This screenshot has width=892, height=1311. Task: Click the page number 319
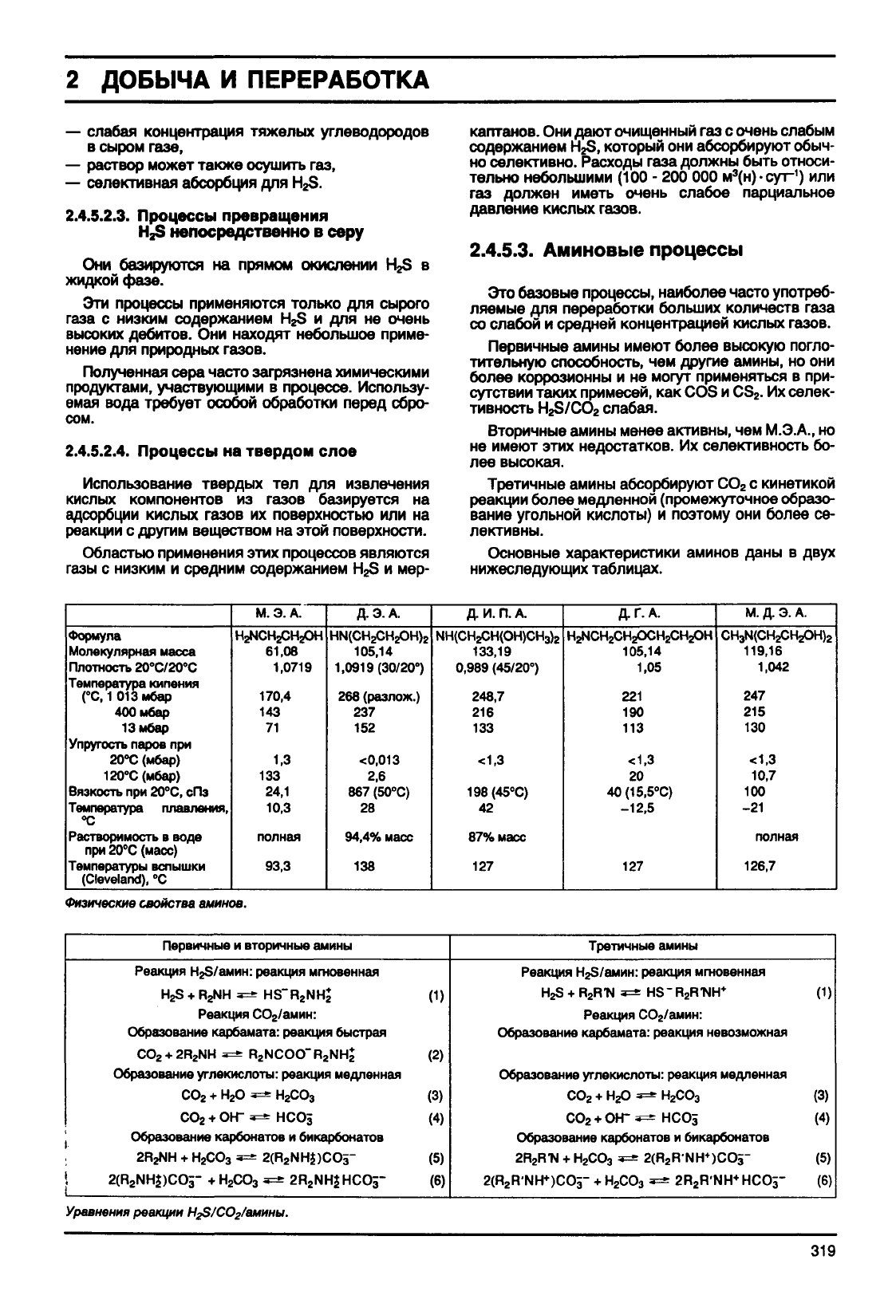tap(820, 1251)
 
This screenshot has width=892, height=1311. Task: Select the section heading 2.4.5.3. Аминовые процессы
tap(606, 250)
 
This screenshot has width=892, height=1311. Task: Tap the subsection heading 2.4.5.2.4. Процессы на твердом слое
tap(211, 451)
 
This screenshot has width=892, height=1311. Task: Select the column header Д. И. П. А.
tap(496, 613)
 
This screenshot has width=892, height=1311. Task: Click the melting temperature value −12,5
tap(638, 808)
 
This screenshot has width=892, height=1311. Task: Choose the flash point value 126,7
tap(759, 865)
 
